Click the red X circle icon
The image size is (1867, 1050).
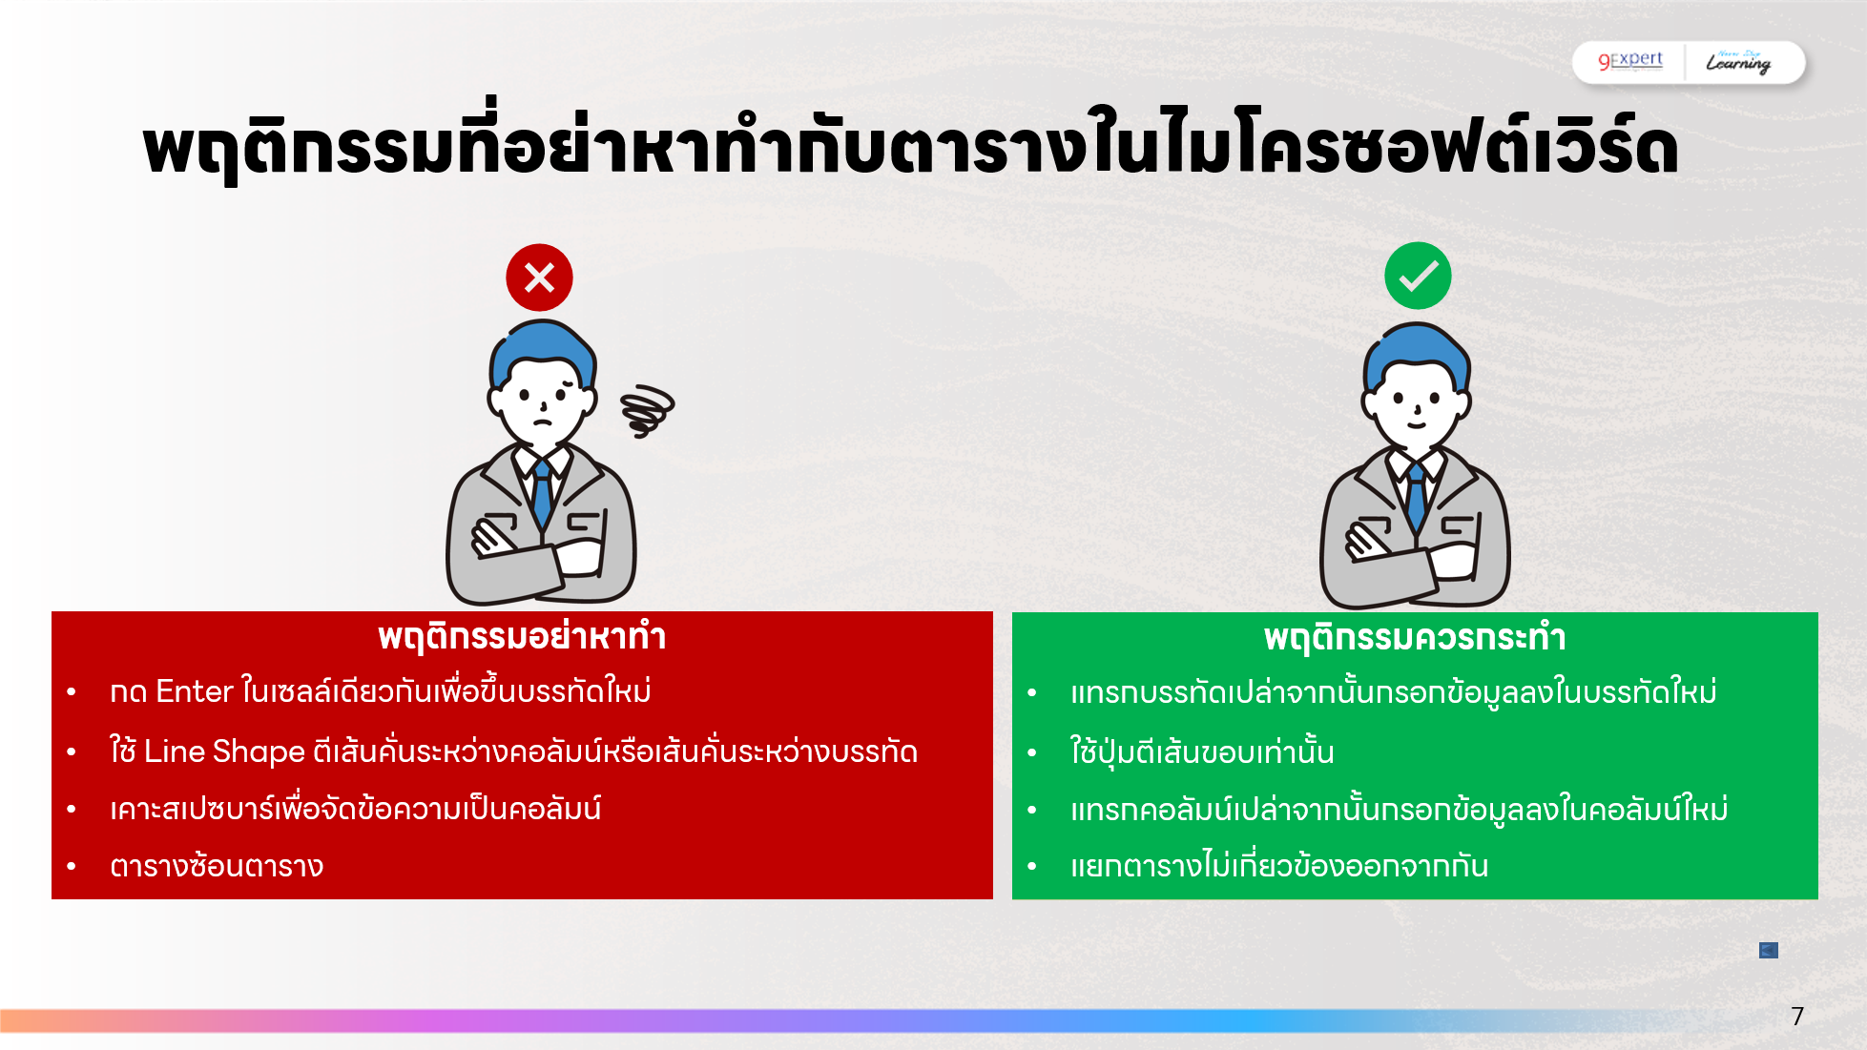coord(539,278)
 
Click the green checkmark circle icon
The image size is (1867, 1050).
coord(1418,276)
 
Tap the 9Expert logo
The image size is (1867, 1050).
coord(1630,60)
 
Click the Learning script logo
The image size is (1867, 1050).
coord(1738,62)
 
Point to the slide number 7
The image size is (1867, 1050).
coord(1797,1016)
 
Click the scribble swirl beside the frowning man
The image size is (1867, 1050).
coord(647,410)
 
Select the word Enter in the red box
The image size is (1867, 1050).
coord(194,691)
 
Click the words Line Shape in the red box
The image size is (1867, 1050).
coord(224,751)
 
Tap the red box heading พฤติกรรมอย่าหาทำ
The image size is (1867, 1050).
coord(522,636)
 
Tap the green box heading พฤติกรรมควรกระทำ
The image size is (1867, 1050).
coord(1415,637)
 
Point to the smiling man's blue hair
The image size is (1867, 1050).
coord(1417,345)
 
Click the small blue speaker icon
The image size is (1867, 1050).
coord(1768,950)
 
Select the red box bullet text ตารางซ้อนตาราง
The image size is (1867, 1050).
coord(217,866)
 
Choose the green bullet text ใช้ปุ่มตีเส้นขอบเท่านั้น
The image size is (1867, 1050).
coord(1202,751)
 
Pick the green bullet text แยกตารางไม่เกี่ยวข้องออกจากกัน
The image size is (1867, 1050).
coord(1278,866)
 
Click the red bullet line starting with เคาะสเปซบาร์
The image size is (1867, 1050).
coord(355,809)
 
